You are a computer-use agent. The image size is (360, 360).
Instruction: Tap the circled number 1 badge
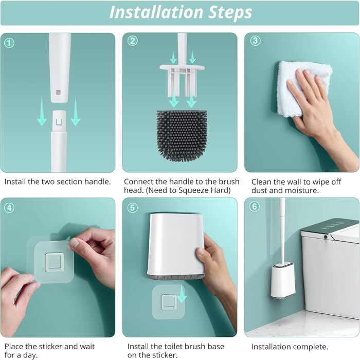pyautogui.click(x=9, y=43)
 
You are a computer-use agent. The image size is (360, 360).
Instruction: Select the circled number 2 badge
pyautogui.click(x=133, y=41)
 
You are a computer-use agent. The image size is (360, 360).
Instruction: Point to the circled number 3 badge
pyautogui.click(x=255, y=41)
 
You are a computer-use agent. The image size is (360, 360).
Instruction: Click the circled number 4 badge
pyautogui.click(x=9, y=208)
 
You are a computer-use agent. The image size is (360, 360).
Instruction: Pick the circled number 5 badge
pyautogui.click(x=133, y=208)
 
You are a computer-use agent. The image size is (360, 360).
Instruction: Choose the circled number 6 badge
pyautogui.click(x=255, y=206)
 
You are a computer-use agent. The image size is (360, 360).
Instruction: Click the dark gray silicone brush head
pyautogui.click(x=182, y=135)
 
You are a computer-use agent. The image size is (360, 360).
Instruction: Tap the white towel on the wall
pyautogui.click(x=303, y=88)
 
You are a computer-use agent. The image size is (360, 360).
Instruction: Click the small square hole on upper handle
pyautogui.click(x=58, y=92)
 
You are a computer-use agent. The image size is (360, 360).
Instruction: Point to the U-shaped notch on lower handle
pyautogui.click(x=59, y=122)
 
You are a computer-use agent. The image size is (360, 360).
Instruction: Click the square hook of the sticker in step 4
pyautogui.click(x=53, y=262)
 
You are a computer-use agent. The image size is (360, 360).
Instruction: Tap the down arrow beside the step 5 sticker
pyautogui.click(x=182, y=294)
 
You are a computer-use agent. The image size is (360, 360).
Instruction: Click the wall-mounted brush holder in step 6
pyautogui.click(x=283, y=281)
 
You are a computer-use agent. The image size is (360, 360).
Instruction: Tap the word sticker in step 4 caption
pyautogui.click(x=50, y=347)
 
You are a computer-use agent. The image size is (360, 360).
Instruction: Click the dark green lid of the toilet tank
pyautogui.click(x=331, y=227)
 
